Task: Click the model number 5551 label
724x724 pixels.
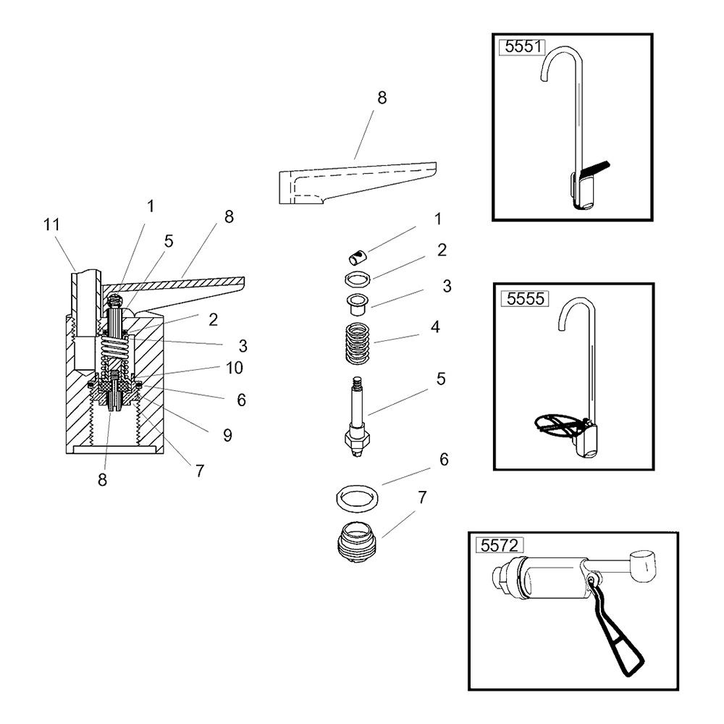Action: (x=522, y=46)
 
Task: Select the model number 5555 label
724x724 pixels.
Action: (x=525, y=299)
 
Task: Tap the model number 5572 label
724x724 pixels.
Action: (x=500, y=545)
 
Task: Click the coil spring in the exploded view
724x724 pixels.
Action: (x=358, y=342)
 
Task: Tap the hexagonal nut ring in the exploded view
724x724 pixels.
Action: (x=358, y=279)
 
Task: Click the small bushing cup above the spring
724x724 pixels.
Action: (x=358, y=303)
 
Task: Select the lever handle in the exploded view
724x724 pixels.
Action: (x=358, y=183)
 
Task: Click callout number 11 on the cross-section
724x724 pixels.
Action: (x=51, y=225)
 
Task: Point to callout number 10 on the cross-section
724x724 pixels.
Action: (x=234, y=368)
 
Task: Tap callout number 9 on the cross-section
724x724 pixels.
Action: (x=227, y=435)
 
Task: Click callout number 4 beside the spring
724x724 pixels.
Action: (x=435, y=327)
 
